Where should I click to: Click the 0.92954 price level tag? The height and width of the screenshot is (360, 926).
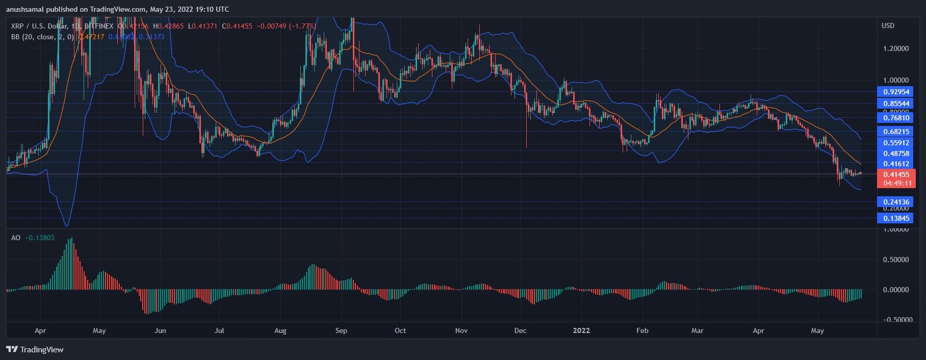pyautogui.click(x=896, y=92)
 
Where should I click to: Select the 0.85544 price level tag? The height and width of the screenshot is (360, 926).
pyautogui.click(x=896, y=104)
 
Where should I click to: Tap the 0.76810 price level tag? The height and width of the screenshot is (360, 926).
pyautogui.click(x=896, y=118)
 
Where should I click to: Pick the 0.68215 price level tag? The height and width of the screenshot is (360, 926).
pyautogui.click(x=896, y=132)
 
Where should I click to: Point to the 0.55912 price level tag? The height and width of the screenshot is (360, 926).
pyautogui.click(x=896, y=143)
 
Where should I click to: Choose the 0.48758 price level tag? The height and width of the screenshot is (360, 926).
pyautogui.click(x=896, y=153)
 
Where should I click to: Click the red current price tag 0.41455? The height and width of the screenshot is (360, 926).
pyautogui.click(x=896, y=174)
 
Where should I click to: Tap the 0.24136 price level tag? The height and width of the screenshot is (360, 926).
pyautogui.click(x=896, y=202)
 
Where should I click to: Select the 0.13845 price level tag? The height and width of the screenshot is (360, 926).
pyautogui.click(x=896, y=218)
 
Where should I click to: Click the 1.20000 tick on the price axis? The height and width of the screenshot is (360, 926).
pyautogui.click(x=896, y=48)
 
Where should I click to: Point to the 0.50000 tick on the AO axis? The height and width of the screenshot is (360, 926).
pyautogui.click(x=896, y=260)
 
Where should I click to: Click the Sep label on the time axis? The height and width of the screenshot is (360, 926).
pyautogui.click(x=341, y=330)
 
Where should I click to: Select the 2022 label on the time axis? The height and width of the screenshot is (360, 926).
pyautogui.click(x=581, y=330)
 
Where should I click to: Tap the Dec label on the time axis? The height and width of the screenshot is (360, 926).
pyautogui.click(x=520, y=330)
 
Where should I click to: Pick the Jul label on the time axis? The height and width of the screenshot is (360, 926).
pyautogui.click(x=219, y=330)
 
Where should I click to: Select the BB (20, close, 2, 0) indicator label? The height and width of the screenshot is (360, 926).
pyautogui.click(x=42, y=37)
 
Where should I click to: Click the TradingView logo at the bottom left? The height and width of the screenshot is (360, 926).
pyautogui.click(x=35, y=349)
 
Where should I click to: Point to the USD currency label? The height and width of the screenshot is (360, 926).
pyautogui.click(x=888, y=25)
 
